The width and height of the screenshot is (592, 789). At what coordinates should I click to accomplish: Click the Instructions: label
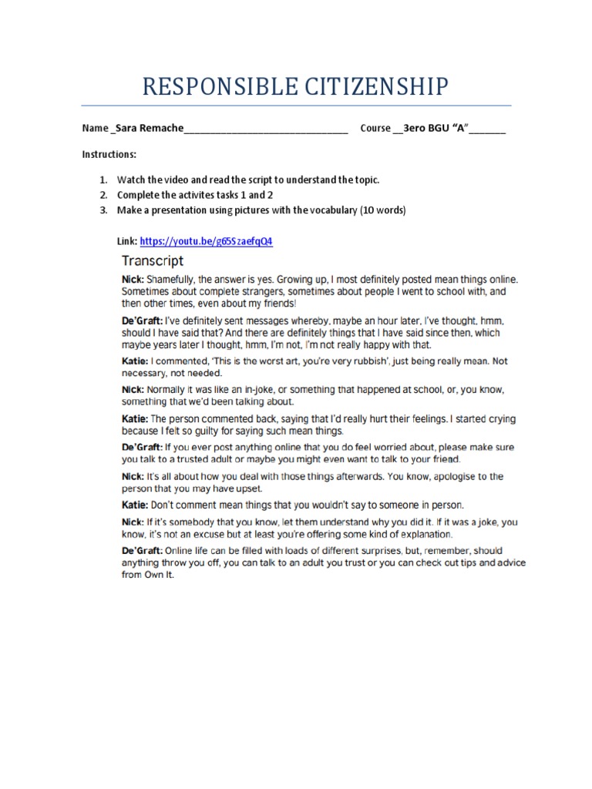pyautogui.click(x=109, y=154)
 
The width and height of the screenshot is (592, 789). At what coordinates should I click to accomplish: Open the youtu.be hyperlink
pyautogui.click(x=206, y=241)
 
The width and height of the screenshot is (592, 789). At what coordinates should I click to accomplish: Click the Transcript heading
pyautogui.click(x=153, y=260)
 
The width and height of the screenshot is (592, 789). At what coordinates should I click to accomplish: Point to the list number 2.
pyautogui.click(x=103, y=195)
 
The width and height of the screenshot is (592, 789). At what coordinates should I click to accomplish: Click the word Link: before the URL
pyautogui.click(x=127, y=241)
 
